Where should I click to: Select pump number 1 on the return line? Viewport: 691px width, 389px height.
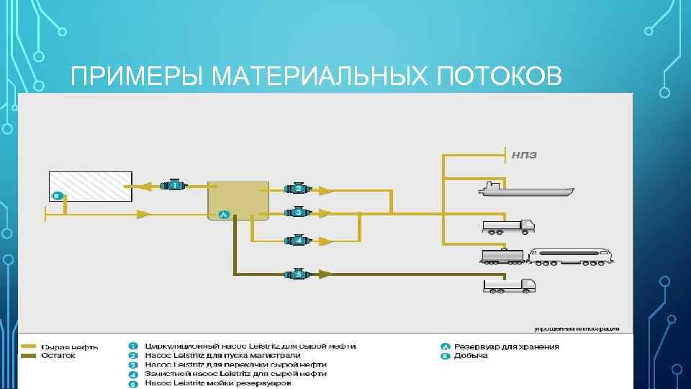(x=173, y=185)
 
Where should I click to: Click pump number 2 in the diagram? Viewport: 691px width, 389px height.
(x=298, y=189)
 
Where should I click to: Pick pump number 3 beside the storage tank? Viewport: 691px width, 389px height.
(x=298, y=213)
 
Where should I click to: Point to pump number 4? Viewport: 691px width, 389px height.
(x=298, y=240)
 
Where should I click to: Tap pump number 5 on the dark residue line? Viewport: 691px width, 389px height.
(x=298, y=274)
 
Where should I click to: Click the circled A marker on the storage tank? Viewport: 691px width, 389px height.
(x=224, y=214)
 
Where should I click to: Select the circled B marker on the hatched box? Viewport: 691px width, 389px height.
(x=57, y=195)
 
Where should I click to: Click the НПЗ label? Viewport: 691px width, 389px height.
(x=525, y=155)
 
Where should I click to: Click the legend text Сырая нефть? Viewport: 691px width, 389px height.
(x=70, y=346)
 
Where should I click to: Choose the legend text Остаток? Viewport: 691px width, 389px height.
(x=58, y=355)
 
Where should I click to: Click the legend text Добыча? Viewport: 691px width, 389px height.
(x=471, y=355)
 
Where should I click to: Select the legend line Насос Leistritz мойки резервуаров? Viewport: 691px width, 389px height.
(x=218, y=383)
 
